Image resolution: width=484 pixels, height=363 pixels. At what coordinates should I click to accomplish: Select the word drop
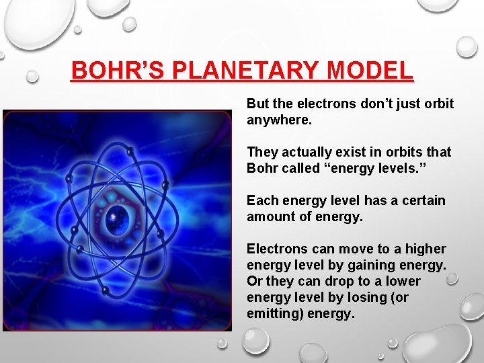click(x=342, y=281)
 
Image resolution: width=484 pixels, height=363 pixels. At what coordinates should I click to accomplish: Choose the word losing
click(x=367, y=297)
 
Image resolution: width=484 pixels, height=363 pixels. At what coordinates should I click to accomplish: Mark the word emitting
click(x=275, y=313)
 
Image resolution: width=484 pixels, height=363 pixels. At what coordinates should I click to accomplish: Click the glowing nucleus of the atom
click(x=119, y=216)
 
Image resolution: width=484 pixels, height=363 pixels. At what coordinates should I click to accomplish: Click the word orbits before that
click(x=402, y=152)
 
